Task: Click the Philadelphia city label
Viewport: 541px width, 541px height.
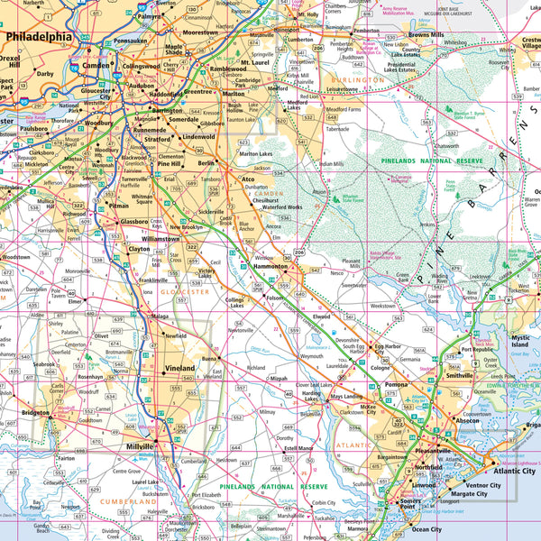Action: [x=39, y=37]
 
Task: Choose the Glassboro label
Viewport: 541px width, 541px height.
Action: [x=134, y=222]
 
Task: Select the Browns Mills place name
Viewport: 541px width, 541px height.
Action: [x=426, y=34]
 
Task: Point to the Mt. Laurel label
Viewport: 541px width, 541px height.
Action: [x=256, y=64]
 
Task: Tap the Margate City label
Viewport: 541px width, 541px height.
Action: [x=468, y=494]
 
